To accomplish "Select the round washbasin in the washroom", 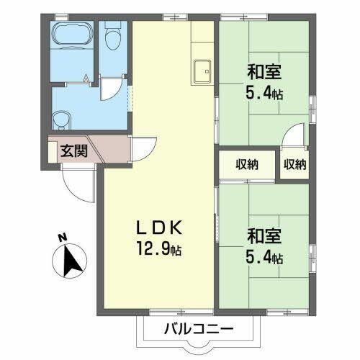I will coord(60,118).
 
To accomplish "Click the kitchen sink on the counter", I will coord(202,71).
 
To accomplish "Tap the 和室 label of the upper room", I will coord(264,72).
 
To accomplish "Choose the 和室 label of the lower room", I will coord(264,236).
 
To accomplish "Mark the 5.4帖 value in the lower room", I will coord(265,257).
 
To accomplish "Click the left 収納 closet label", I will coord(246,165).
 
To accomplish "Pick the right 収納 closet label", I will coord(294,165).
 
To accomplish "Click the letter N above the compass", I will coord(63,237).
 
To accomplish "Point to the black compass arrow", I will coord(72,260).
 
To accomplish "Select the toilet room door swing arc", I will coord(109,89).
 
